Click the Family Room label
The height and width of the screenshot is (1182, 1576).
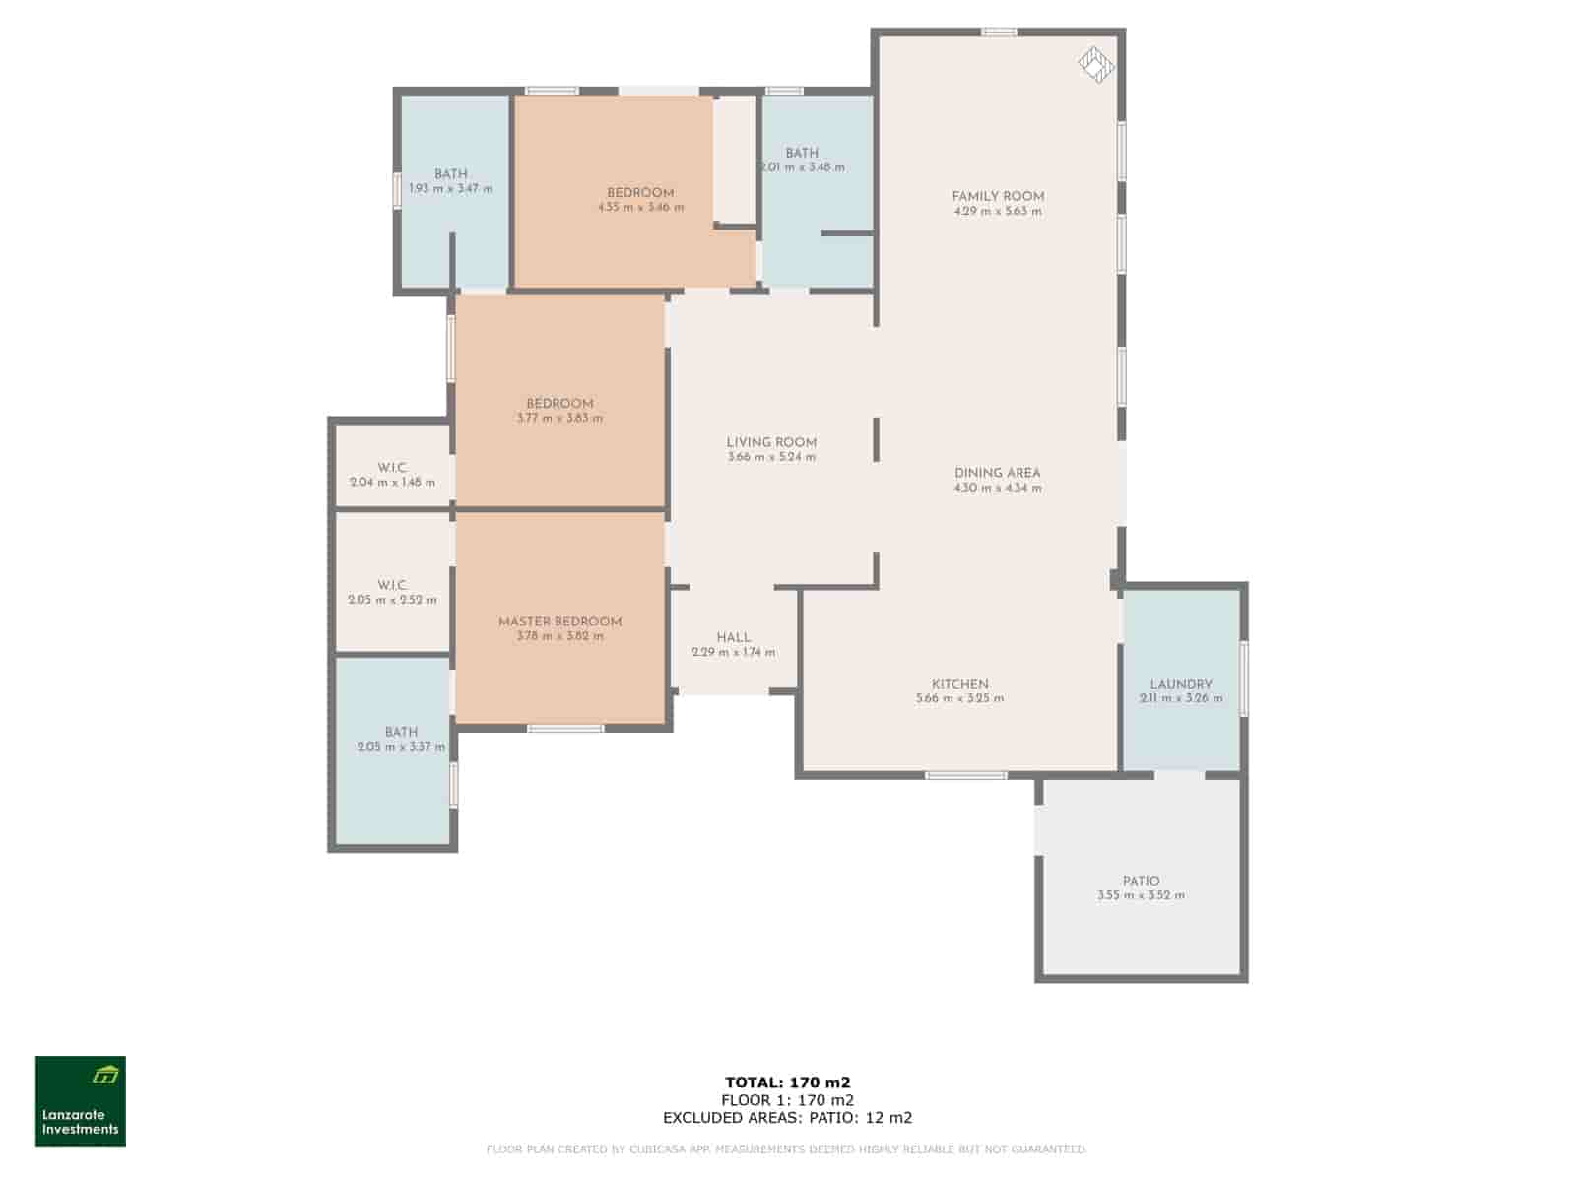[998, 196]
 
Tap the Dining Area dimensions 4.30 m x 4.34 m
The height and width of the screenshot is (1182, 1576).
[998, 488]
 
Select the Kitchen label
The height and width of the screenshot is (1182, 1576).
[960, 684]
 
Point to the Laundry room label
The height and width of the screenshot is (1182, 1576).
[1181, 684]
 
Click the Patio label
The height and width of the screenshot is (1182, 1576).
[1141, 881]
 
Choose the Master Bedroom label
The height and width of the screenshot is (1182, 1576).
[559, 622]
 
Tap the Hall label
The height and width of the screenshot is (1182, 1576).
[734, 637]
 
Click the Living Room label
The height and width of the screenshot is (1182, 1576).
[771, 442]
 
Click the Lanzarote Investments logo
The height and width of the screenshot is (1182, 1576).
[81, 1100]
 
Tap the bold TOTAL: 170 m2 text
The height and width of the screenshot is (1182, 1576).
[787, 1083]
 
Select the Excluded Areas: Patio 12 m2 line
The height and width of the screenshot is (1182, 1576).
[787, 1118]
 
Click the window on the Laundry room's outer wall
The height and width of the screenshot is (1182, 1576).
[1243, 679]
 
